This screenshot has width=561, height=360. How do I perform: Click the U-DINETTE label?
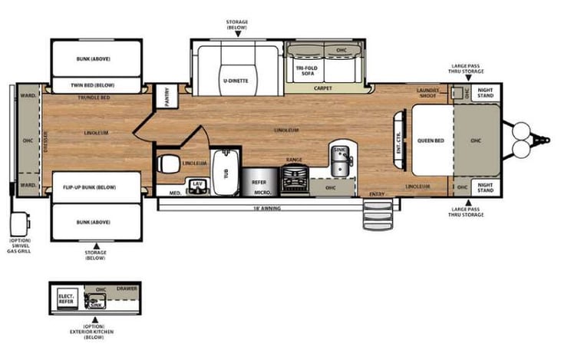(236, 80)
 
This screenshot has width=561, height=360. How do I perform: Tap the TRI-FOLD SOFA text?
(307, 71)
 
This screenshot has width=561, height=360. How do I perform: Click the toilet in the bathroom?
(167, 163)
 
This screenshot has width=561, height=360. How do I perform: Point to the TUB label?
(226, 173)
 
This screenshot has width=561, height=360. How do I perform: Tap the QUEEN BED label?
(431, 140)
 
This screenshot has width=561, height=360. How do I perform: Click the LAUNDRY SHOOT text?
(427, 93)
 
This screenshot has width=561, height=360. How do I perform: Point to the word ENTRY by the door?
(377, 193)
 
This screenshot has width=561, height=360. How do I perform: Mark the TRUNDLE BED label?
(94, 98)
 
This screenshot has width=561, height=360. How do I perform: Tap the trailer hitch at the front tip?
(544, 140)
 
